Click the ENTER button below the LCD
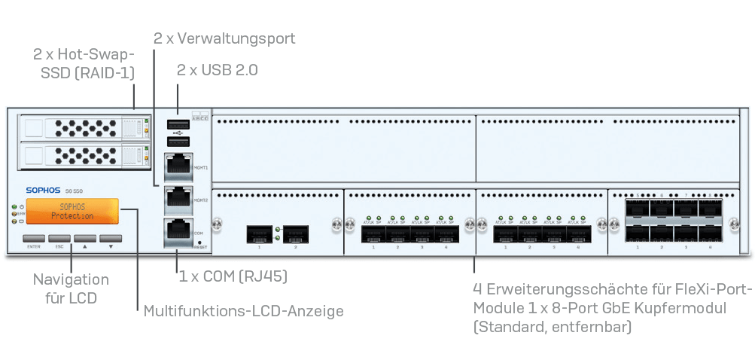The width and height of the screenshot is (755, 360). click(x=34, y=236)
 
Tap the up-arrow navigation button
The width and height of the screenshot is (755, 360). click(x=85, y=236)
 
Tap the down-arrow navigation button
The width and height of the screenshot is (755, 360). click(x=111, y=236)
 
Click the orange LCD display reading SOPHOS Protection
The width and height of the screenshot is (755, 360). click(x=73, y=212)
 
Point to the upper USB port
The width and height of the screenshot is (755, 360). click(x=177, y=124)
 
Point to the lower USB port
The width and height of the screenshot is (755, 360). click(x=177, y=141)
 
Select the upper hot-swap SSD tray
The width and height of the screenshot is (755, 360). click(x=82, y=128)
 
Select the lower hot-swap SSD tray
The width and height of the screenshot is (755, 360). click(x=82, y=156)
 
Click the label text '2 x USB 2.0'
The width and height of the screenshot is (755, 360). click(x=217, y=70)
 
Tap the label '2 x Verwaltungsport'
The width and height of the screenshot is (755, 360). click(x=224, y=38)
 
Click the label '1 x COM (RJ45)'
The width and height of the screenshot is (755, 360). click(x=233, y=276)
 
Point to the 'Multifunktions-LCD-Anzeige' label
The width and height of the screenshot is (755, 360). click(x=243, y=310)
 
